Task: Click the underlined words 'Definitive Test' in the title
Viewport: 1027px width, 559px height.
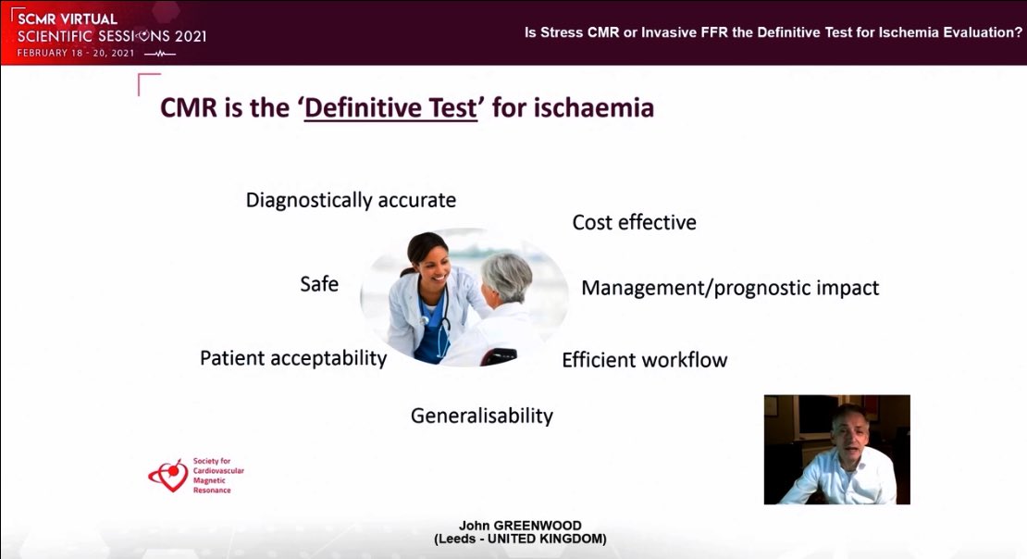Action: pos(390,108)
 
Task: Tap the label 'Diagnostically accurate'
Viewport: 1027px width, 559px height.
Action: pos(351,200)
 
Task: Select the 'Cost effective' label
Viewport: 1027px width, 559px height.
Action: pos(634,222)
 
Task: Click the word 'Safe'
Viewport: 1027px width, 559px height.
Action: pos(319,284)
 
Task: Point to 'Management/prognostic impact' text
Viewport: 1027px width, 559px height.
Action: pos(730,288)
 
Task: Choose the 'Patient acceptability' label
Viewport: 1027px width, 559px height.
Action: pos(293,357)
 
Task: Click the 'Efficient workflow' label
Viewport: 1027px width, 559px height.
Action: pos(644,360)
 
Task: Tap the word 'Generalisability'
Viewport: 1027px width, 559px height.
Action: pos(481,416)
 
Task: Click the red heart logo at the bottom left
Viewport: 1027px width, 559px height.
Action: pos(168,475)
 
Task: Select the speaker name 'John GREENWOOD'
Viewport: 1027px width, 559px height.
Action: pos(519,526)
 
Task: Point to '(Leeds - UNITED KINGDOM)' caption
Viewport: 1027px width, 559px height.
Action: pos(519,540)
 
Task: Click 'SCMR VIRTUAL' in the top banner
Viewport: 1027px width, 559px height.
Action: pos(67,19)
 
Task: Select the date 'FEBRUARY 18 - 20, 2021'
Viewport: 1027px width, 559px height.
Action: pos(77,54)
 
